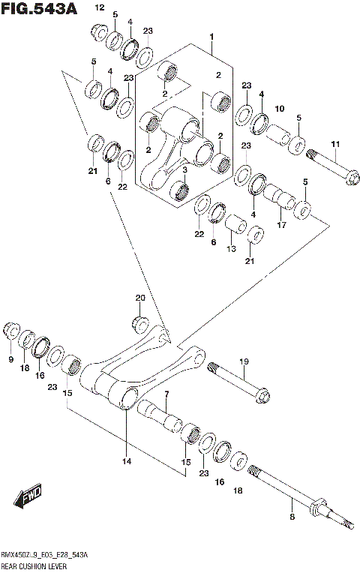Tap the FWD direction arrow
(29, 496)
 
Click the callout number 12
(99, 7)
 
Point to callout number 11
(335, 144)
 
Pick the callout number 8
(292, 517)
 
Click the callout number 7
(166, 394)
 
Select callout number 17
(282, 224)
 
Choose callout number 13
(232, 248)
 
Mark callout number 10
(280, 109)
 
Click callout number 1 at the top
(212, 36)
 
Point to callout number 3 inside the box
(184, 169)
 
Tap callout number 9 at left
(11, 360)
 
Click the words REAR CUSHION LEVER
(34, 563)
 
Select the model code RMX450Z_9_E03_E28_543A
(45, 553)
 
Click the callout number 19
(243, 362)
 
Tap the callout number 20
(140, 298)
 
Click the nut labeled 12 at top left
(97, 32)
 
